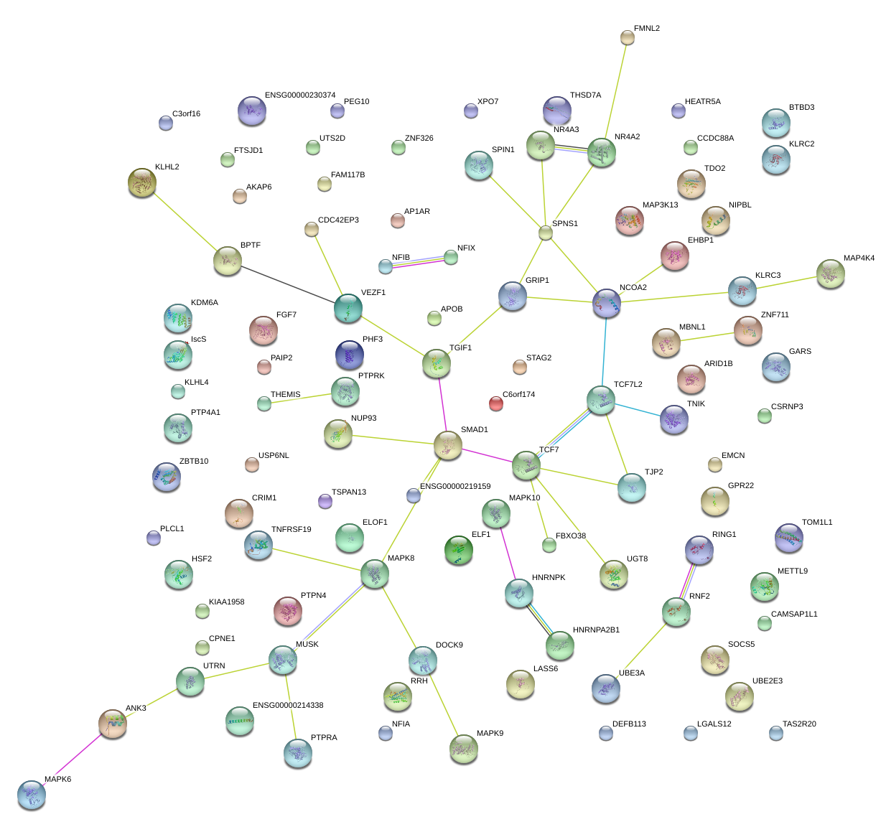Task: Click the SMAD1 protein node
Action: [x=448, y=446]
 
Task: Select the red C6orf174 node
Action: [x=496, y=403]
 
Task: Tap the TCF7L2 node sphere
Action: [x=600, y=400]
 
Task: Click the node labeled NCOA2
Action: [x=607, y=304]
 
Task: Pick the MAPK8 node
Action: [x=375, y=574]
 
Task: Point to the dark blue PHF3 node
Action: [x=350, y=355]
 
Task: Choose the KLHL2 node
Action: [x=141, y=182]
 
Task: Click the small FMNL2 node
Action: [x=628, y=37]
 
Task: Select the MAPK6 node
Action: [x=32, y=795]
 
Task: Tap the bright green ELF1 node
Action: [x=459, y=550]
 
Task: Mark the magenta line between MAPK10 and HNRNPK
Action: [x=507, y=553]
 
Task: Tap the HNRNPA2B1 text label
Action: [x=596, y=630]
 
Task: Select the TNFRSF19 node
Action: [x=258, y=546]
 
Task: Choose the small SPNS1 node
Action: [x=546, y=232]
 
